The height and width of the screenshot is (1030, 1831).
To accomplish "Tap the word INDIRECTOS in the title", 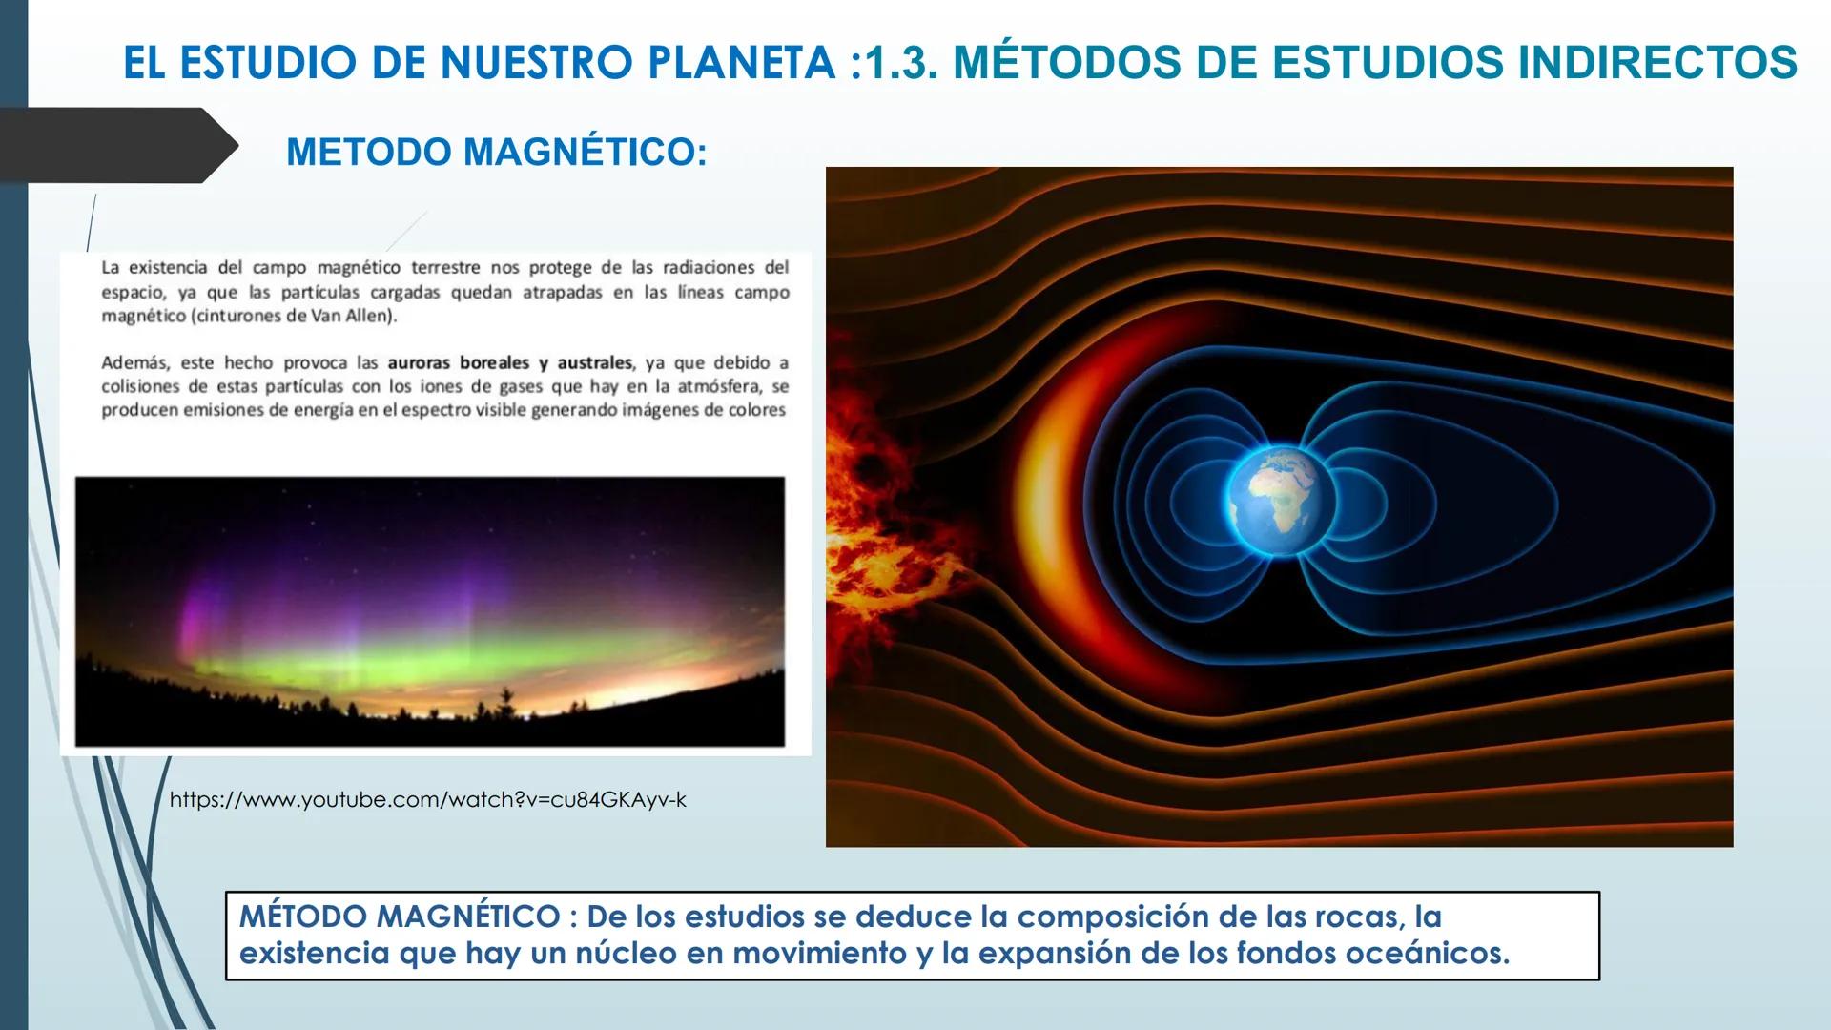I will (x=1657, y=63).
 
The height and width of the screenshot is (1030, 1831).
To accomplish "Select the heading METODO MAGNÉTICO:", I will (x=496, y=153).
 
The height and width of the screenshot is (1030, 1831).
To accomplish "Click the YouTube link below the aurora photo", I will (x=427, y=799).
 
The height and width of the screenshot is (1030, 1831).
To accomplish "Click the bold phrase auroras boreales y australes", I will (x=509, y=363).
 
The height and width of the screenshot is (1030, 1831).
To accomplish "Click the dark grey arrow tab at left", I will (x=114, y=145).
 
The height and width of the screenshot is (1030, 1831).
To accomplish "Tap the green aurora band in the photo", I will (x=429, y=649).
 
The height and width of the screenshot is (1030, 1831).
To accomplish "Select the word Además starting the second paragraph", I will (x=134, y=363).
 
